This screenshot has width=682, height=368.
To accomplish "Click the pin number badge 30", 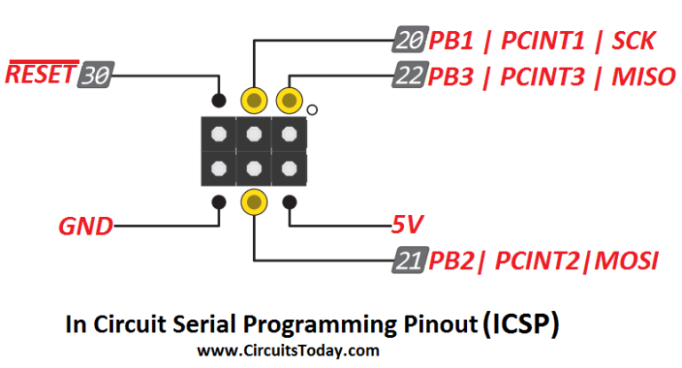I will point(94,75).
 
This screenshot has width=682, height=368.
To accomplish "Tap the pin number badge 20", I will point(408,41).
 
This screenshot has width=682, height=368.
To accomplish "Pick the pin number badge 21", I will point(408,261).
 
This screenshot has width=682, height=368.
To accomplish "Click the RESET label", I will point(39,74).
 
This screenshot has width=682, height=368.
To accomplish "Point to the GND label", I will point(86,227).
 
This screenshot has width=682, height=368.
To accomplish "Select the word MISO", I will point(643,76).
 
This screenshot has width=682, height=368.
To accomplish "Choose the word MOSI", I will point(628,262).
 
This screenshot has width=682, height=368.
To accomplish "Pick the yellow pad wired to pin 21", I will point(254,202).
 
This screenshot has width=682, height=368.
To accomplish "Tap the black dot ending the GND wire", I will point(219,203).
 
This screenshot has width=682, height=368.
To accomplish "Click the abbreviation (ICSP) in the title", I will point(521,324).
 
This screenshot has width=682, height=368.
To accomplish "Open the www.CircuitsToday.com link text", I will point(289,350).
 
